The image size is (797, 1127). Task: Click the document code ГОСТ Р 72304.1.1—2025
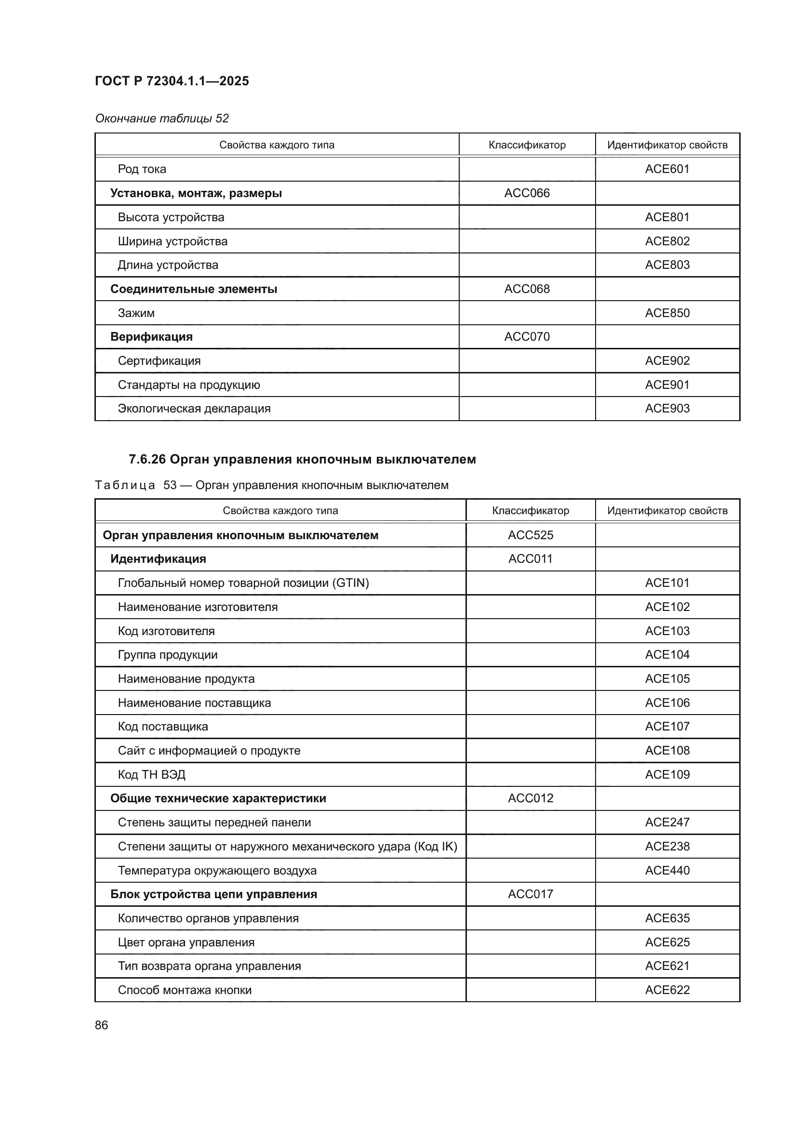[172, 81]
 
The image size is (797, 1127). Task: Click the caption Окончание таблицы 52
[161, 119]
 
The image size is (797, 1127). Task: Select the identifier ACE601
[667, 169]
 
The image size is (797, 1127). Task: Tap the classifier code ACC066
[527, 193]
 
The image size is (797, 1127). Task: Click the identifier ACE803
[667, 265]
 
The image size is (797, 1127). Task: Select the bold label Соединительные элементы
[193, 289]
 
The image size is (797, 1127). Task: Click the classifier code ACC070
[527, 337]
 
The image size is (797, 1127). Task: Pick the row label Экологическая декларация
[194, 409]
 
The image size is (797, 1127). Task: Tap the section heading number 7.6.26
[147, 460]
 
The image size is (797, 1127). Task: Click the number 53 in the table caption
[170, 485]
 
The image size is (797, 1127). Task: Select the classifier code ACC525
[530, 535]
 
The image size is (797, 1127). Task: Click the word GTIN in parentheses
[350, 583]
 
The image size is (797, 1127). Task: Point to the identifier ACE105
[667, 679]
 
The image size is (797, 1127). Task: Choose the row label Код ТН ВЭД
[151, 775]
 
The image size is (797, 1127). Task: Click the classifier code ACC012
[530, 798]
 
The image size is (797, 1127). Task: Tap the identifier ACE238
[667, 846]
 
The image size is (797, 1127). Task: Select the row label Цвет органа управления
[186, 942]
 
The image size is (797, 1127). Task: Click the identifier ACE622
[667, 990]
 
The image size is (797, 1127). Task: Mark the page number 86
[101, 1025]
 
